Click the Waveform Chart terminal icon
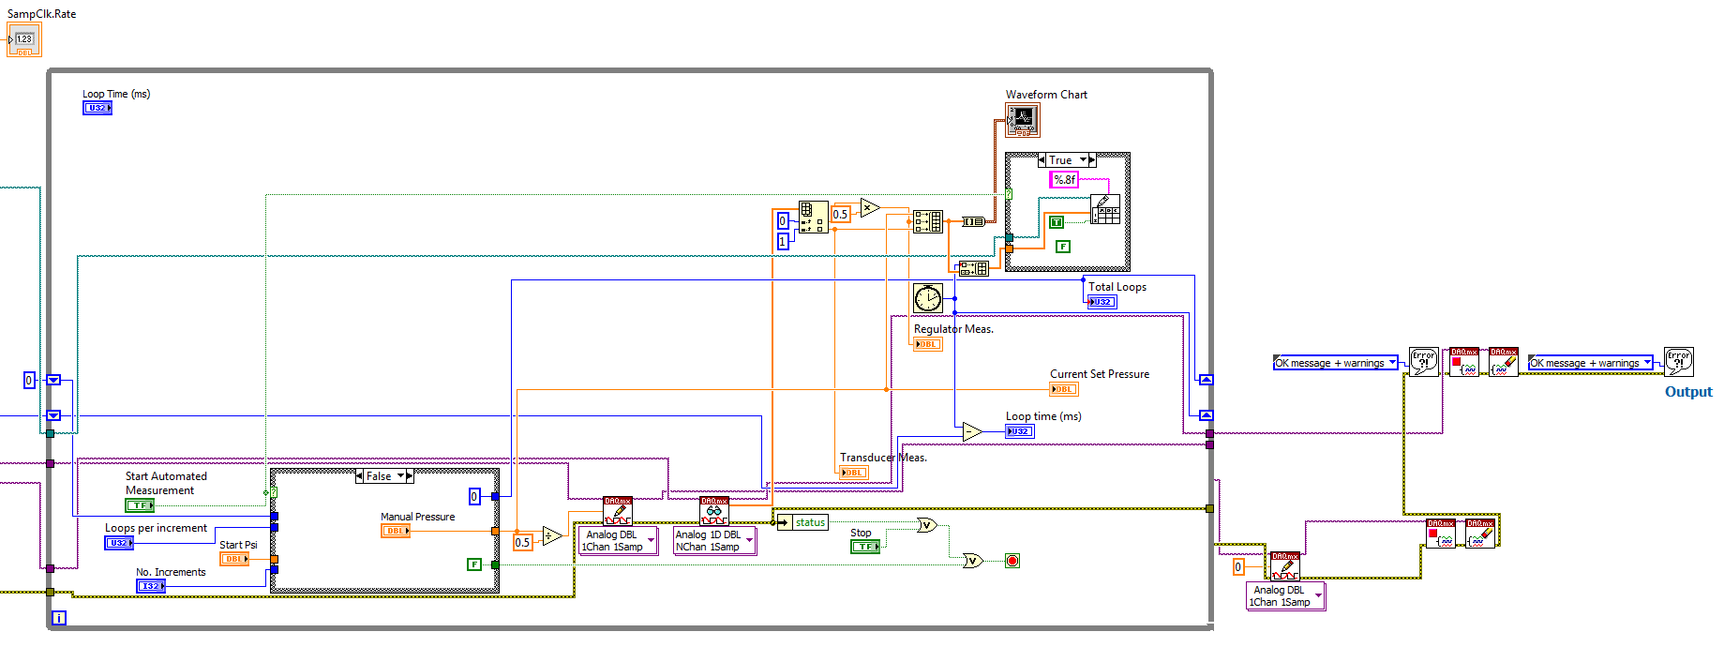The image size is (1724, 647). (x=1022, y=119)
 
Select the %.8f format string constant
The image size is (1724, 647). (x=1064, y=179)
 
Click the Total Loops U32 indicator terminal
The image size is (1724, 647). (x=1102, y=302)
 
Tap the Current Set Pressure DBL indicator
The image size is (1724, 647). (x=1063, y=389)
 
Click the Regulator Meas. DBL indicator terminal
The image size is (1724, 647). (x=927, y=344)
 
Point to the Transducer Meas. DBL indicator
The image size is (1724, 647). (x=853, y=473)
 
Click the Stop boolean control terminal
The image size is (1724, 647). (x=864, y=547)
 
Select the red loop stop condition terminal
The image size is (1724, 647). (x=1012, y=561)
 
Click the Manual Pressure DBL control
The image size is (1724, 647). (x=396, y=531)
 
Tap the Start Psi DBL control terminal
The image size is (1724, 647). (x=233, y=559)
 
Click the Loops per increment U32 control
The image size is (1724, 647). (x=118, y=543)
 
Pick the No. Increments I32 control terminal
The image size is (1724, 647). (x=150, y=586)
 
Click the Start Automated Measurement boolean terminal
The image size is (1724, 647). (x=140, y=505)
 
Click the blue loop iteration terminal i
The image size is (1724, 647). (x=59, y=618)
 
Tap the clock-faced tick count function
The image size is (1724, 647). (x=927, y=298)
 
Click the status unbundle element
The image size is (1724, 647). (x=810, y=522)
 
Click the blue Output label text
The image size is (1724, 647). (x=1687, y=392)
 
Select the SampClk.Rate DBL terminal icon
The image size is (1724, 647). (x=24, y=40)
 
